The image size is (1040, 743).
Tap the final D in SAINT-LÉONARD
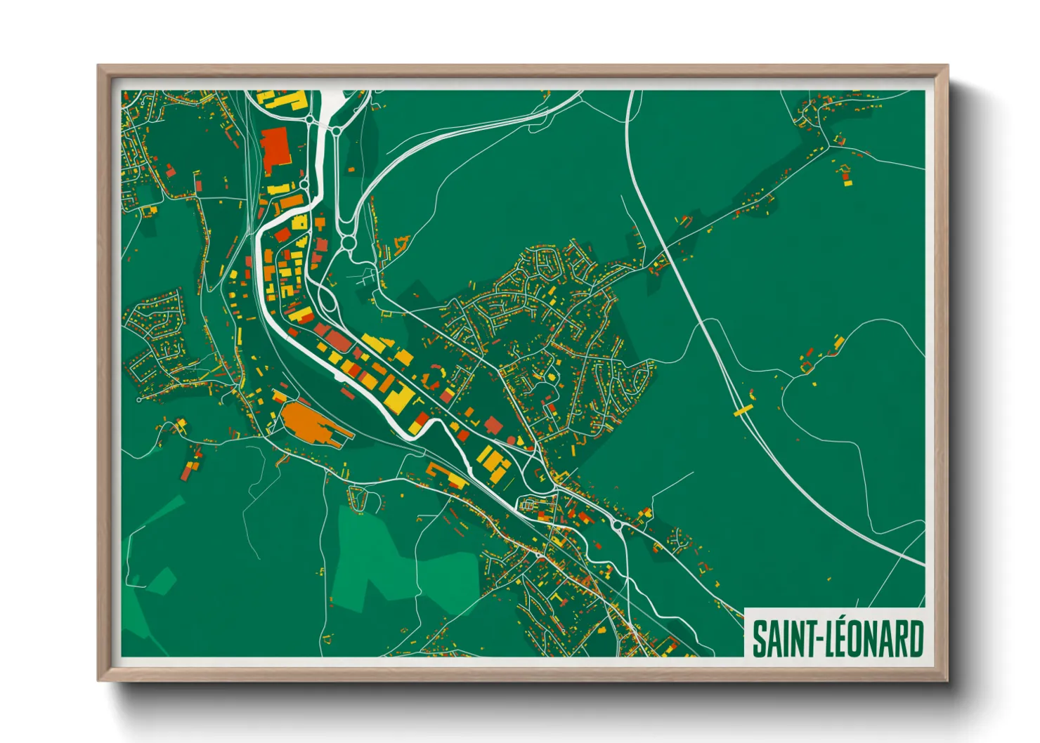pos(915,638)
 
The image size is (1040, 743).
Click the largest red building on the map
pos(274,148)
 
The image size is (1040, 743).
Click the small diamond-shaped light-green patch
pos(162,581)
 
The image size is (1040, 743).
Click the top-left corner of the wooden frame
pos(98,67)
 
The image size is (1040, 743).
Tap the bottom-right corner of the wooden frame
pos(947,680)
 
